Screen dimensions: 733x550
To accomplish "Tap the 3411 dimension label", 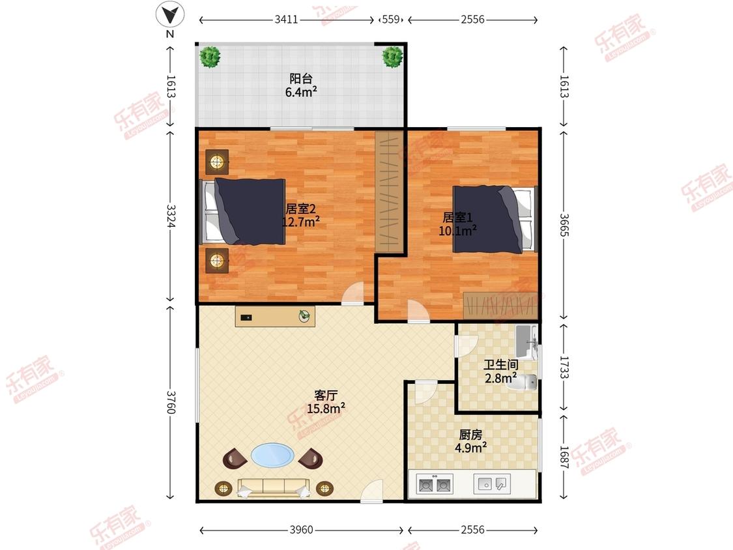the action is [286, 20].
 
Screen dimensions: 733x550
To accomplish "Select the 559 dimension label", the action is [391, 20].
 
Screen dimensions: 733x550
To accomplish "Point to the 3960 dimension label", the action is [302, 530].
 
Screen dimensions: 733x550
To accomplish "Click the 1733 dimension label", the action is [564, 368].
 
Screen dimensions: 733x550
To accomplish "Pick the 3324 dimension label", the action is [171, 216].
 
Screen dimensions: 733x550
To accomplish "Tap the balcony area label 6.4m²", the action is [301, 92].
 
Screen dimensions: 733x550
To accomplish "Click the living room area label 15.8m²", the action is [326, 409].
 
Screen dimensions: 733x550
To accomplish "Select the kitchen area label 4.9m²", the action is [470, 448].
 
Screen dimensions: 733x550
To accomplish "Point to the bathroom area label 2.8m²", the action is [500, 378].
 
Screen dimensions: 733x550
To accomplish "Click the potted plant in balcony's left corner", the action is [210, 57].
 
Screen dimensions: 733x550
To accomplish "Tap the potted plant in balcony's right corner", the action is [392, 57].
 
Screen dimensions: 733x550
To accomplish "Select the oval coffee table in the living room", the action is [273, 455].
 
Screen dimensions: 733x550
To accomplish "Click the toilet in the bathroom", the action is [528, 382].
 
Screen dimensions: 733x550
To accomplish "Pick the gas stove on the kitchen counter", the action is [435, 484].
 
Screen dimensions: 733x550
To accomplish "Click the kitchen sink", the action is [492, 484].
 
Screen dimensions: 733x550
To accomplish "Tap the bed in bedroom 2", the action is [243, 211].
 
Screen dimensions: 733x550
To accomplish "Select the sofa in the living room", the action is [274, 488].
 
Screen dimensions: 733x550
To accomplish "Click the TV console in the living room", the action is [275, 317].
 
